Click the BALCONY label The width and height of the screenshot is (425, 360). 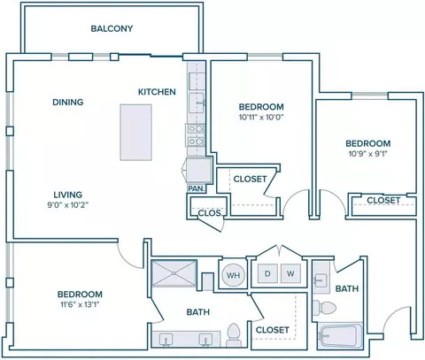tap(112, 28)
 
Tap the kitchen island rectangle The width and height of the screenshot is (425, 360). tap(135, 133)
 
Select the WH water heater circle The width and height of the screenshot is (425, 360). tap(233, 275)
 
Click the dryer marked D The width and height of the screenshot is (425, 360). tap(268, 273)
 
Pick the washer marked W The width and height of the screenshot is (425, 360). tap(290, 273)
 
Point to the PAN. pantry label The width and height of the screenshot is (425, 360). tap(197, 188)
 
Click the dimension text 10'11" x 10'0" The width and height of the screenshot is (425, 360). tap(261, 118)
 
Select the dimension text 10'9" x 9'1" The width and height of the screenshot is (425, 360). tap(368, 154)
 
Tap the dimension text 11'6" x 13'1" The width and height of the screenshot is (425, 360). tap(80, 304)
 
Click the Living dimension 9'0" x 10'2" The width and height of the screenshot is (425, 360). tap(68, 205)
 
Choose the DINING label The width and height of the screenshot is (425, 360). tap(68, 103)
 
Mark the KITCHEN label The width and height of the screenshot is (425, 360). tap(157, 92)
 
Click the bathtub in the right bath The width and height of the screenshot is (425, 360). tap(340, 336)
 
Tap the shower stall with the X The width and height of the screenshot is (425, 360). tap(174, 273)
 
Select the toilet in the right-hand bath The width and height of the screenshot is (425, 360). tap(324, 308)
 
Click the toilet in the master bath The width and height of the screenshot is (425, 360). tap(234, 335)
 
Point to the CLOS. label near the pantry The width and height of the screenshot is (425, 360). tap(210, 213)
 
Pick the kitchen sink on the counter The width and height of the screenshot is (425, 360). tap(197, 103)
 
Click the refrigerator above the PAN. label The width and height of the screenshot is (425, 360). tap(198, 170)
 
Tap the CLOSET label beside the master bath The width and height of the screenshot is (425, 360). tap(272, 330)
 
